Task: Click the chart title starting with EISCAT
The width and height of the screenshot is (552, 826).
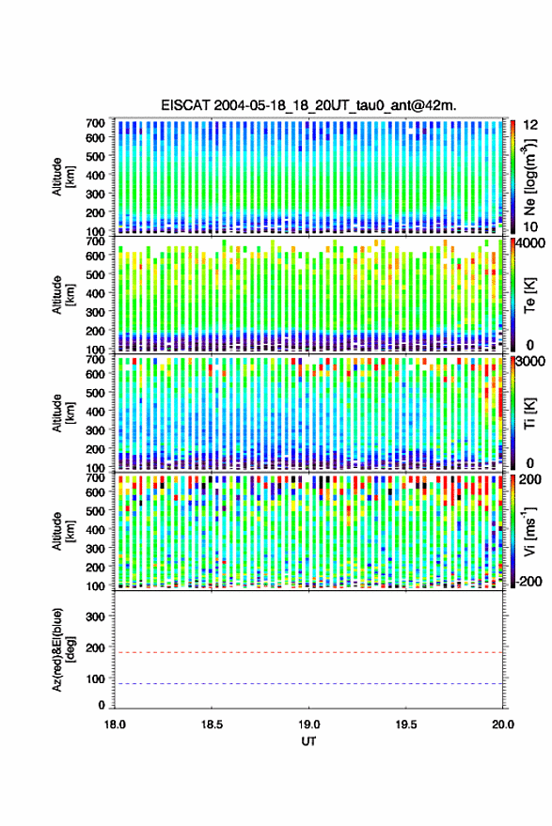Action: point(309,105)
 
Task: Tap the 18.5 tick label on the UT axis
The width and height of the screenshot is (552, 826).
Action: point(212,725)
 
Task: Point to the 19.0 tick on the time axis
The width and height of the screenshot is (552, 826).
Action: point(309,725)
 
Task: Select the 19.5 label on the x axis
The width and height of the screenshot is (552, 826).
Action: point(406,725)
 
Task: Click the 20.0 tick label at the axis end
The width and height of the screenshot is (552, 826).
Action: point(503,725)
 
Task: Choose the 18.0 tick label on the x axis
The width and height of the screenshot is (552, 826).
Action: point(115,725)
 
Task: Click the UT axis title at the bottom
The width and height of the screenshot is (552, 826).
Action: point(309,741)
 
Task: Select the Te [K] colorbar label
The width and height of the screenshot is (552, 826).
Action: point(529,295)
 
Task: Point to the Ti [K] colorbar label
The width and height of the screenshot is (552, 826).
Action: point(529,413)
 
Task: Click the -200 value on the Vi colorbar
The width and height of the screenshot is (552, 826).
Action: point(529,581)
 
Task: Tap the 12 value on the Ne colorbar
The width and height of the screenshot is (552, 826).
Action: point(531,125)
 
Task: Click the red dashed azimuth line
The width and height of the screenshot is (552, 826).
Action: point(309,652)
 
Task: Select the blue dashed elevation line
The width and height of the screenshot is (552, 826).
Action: point(309,684)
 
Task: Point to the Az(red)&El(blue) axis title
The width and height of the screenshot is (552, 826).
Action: point(64,649)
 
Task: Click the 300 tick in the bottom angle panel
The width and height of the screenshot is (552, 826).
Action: point(95,616)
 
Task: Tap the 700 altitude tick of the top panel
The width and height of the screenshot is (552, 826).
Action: point(95,123)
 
